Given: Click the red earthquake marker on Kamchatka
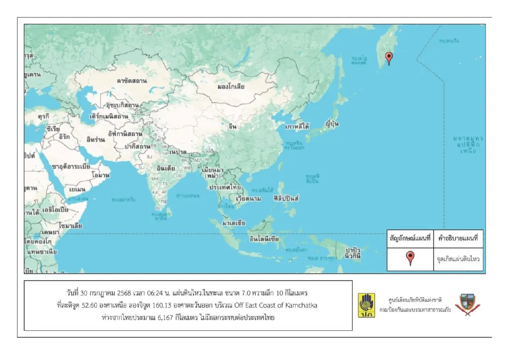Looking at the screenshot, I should coord(389,57).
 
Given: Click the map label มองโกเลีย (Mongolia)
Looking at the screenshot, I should coord(231,86).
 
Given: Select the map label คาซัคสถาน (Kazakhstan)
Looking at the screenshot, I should coord(131,80).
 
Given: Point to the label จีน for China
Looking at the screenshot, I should coord(232,127).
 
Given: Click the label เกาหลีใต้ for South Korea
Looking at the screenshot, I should coord(297,127).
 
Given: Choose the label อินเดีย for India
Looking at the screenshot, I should coord(166,168).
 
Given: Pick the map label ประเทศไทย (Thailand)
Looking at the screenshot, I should coord(224,187).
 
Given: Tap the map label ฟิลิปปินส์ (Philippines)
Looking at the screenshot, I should coord(287,198).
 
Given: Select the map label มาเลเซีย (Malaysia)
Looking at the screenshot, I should coord(234,222).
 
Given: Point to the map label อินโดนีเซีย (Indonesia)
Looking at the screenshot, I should coord(264,239).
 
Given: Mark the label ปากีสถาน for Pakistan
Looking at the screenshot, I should coord(137,146).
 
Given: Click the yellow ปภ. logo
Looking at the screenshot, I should coord(366,305).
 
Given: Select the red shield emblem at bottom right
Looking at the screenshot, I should coord(464,305).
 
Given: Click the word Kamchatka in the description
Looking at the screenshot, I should coord(302,306).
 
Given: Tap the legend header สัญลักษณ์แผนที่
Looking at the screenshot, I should coord(410,239).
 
